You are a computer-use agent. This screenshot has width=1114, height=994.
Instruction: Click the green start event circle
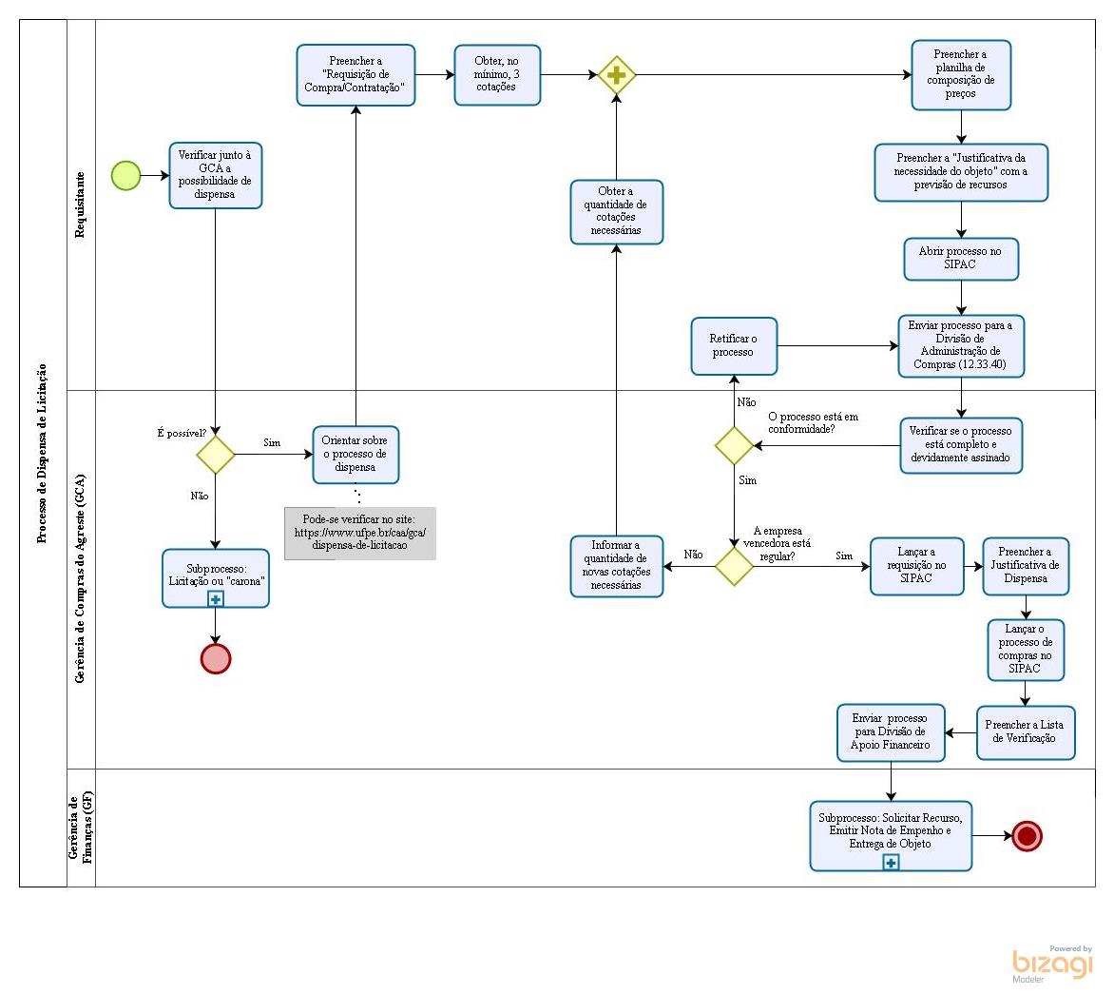[x=125, y=175]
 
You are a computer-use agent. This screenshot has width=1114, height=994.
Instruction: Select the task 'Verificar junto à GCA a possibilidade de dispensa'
[x=216, y=175]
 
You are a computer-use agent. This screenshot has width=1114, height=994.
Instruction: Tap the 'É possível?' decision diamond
[x=216, y=455]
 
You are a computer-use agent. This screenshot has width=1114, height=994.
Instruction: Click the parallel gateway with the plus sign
[x=616, y=75]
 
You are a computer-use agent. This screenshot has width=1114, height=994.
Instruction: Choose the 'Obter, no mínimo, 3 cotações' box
[x=497, y=74]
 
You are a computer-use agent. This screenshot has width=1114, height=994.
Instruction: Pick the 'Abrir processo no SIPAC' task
[x=961, y=259]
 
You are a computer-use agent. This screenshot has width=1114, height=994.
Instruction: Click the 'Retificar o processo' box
[x=734, y=345]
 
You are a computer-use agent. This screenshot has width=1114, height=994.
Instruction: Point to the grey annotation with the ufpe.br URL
[x=360, y=533]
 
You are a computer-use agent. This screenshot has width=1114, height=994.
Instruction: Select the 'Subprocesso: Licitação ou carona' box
[x=216, y=577]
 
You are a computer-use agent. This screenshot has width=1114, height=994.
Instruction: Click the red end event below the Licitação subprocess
[x=216, y=658]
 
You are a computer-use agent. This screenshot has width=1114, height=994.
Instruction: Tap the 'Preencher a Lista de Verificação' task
[x=1025, y=731]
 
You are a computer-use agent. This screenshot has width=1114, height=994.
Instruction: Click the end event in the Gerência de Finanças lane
[x=1027, y=836]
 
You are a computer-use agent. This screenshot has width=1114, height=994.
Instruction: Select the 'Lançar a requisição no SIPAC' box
[x=916, y=566]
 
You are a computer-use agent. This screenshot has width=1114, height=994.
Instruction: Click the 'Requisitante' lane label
[x=81, y=205]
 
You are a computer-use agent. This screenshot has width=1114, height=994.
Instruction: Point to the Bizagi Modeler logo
[x=1052, y=964]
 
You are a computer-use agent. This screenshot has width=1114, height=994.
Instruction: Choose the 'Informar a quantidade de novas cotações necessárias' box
[x=616, y=566]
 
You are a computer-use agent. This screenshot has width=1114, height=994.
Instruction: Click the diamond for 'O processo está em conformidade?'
[x=734, y=445]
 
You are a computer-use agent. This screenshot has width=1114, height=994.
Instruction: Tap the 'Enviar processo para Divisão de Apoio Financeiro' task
[x=891, y=732]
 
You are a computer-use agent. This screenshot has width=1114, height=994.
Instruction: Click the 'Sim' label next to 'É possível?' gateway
[x=272, y=443]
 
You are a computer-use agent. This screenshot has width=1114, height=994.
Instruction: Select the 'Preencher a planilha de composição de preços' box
[x=961, y=75]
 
